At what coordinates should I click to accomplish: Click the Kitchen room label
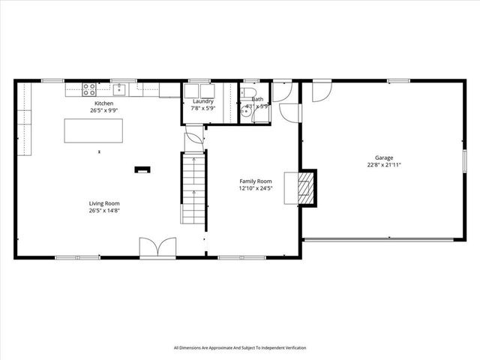(103, 103)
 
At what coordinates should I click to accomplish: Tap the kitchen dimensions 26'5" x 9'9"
(103, 109)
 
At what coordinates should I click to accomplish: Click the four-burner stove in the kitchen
(88, 88)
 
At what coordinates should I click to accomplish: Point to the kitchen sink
(118, 89)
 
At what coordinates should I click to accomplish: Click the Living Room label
(104, 203)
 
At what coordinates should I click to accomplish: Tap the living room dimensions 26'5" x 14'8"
(104, 210)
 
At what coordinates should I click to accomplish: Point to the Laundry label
(202, 101)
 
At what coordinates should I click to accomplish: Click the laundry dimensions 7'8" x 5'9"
(202, 108)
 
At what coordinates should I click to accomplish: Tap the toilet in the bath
(249, 93)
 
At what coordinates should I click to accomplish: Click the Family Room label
(255, 181)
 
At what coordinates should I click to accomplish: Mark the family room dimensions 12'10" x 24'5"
(255, 188)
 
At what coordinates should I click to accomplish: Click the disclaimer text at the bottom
(240, 347)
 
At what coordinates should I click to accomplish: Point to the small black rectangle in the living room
(142, 169)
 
